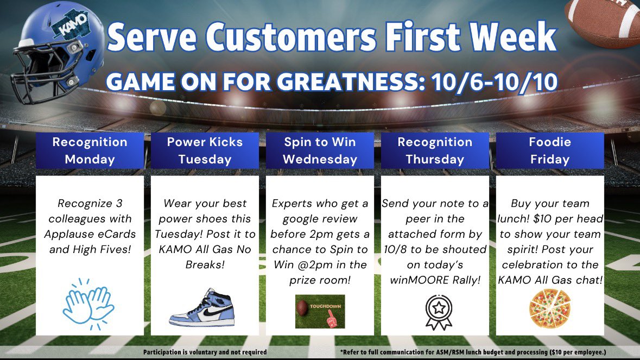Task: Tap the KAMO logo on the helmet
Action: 72,25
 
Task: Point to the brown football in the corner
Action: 603,21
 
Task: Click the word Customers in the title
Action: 290,37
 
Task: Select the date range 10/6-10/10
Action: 495,81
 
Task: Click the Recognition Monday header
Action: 90,150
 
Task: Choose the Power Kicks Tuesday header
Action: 205,150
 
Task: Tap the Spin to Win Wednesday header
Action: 320,150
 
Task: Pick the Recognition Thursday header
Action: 435,150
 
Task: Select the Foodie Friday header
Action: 550,150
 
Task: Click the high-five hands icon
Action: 88,304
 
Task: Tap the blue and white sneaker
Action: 202,308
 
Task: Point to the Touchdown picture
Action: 320,312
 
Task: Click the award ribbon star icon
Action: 439,312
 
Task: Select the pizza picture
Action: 550,308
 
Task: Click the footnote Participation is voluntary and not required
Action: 205,352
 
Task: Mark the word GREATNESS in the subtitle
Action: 348,81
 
